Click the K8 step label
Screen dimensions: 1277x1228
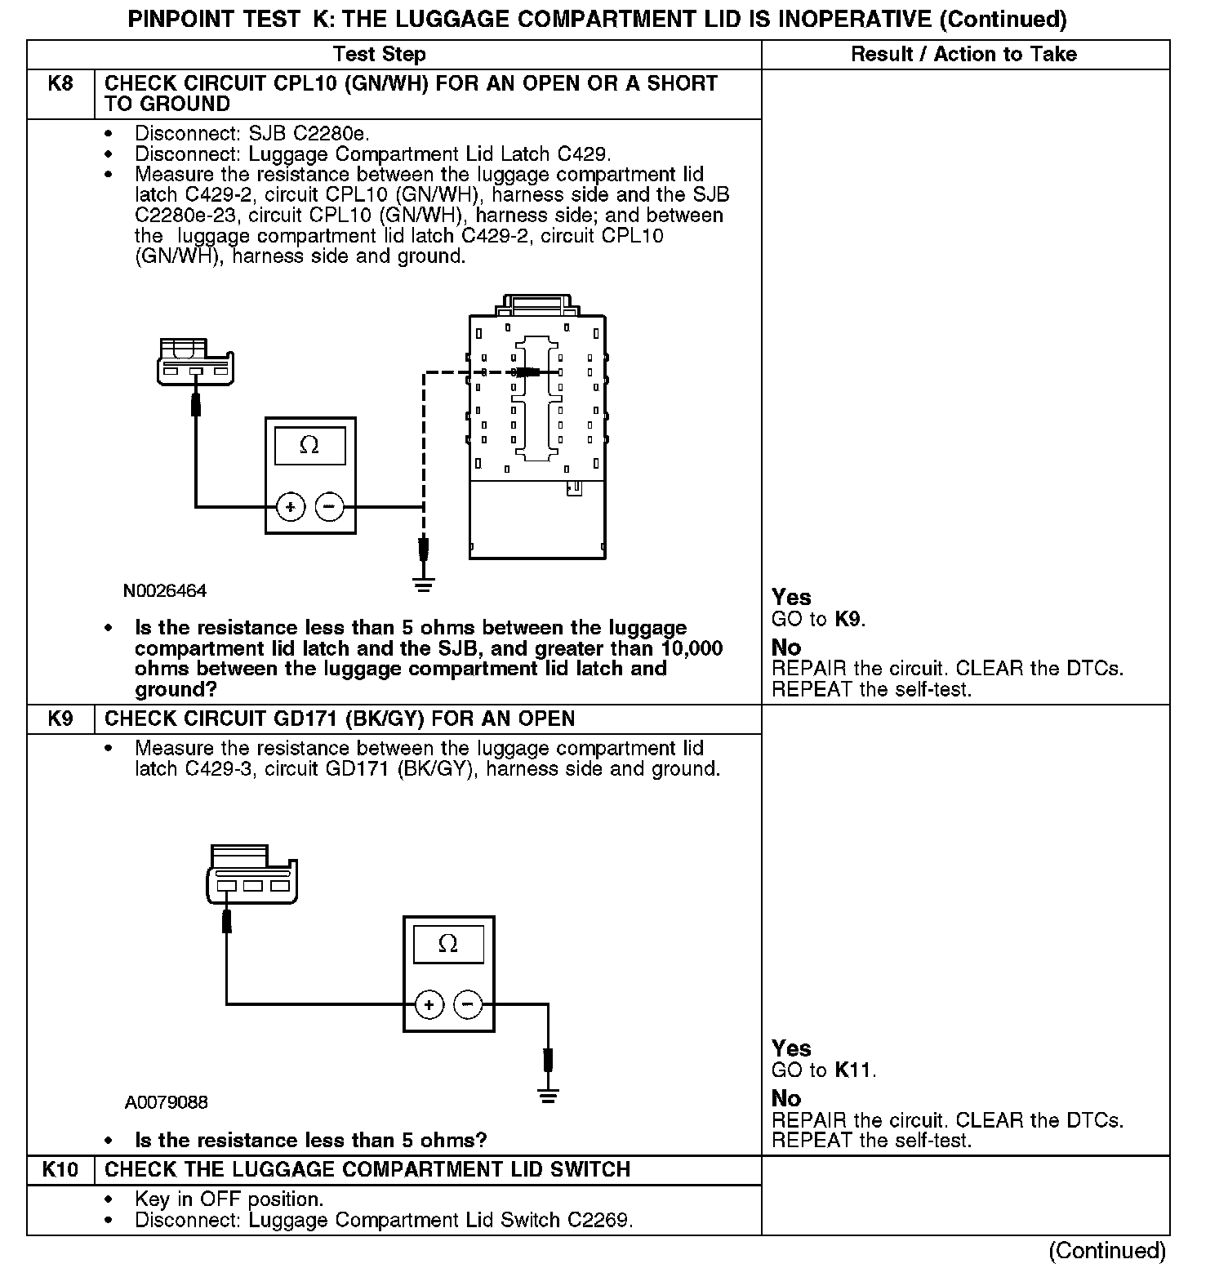pyautogui.click(x=60, y=84)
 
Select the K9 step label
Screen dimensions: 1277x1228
pyautogui.click(x=60, y=719)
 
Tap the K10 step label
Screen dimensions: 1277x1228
pyautogui.click(x=60, y=1170)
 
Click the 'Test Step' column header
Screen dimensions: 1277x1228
pyautogui.click(x=379, y=55)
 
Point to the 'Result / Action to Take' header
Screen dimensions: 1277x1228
pyautogui.click(x=963, y=55)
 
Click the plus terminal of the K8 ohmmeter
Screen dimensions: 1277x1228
pyautogui.click(x=291, y=507)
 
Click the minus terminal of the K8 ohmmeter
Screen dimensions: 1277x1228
pyautogui.click(x=329, y=507)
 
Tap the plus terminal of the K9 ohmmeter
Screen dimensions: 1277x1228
pyautogui.click(x=429, y=1004)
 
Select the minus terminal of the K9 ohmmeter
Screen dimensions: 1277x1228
pyautogui.click(x=468, y=1004)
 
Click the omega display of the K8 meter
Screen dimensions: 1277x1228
pyautogui.click(x=309, y=446)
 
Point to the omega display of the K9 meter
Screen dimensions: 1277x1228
pyautogui.click(x=448, y=945)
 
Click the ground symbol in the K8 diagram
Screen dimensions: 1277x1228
pyautogui.click(x=423, y=583)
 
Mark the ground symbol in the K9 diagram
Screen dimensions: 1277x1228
pyautogui.click(x=549, y=1097)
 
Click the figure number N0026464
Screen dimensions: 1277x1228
pyautogui.click(x=165, y=591)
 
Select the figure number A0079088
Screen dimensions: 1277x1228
pyautogui.click(x=167, y=1103)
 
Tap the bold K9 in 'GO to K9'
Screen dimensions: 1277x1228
pyautogui.click(x=848, y=619)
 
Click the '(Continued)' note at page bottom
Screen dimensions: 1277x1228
pyautogui.click(x=1107, y=1251)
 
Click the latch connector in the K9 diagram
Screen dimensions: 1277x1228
pyautogui.click(x=251, y=875)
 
